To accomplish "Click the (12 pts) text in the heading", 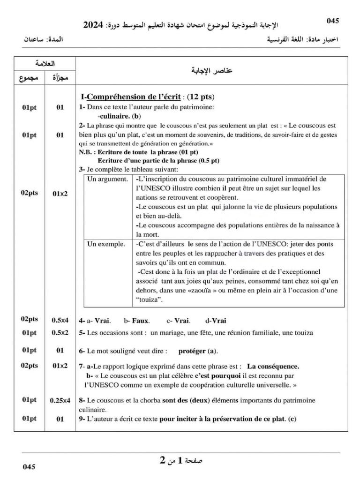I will (x=201, y=97).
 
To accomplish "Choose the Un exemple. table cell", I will (x=106, y=244).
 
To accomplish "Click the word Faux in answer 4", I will (x=141, y=321).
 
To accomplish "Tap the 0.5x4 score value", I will (x=60, y=321).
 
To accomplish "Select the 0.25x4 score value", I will (x=60, y=401).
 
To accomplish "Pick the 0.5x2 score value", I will (x=60, y=333).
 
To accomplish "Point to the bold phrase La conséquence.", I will (x=273, y=367).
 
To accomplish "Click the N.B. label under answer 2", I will (x=88, y=152).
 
